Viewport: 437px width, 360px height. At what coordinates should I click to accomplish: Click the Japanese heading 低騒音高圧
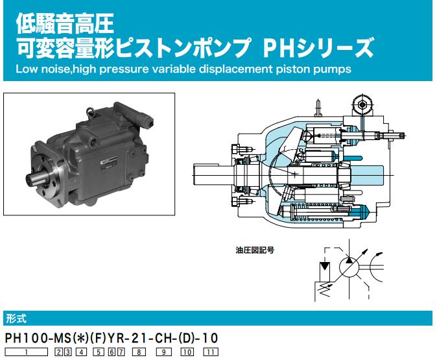[65, 24]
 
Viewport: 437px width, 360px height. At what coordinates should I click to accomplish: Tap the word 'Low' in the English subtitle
[26, 69]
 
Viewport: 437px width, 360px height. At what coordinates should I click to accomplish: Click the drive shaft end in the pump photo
[34, 178]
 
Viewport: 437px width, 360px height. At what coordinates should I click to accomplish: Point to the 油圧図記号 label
[255, 250]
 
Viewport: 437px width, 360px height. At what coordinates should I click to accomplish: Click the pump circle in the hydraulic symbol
[349, 267]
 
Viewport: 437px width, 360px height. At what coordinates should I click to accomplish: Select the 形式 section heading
[16, 318]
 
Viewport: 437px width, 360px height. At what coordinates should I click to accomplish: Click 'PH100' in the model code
[26, 338]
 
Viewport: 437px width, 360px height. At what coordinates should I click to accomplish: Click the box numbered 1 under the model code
[27, 352]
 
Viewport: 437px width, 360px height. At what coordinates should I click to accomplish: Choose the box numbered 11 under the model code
[211, 352]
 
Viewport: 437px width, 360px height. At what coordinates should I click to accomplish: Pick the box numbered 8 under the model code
[139, 352]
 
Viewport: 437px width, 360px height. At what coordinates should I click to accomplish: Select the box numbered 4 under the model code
[81, 352]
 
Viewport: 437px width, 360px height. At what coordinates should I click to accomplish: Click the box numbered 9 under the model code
[164, 352]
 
